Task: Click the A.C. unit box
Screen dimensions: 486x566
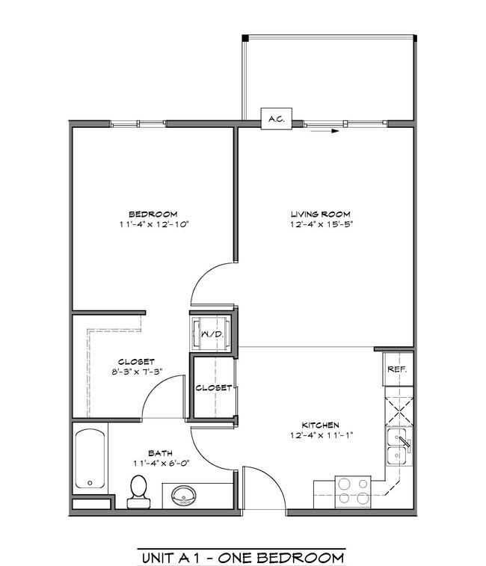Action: [x=276, y=119]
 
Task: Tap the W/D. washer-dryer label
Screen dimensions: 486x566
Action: [x=212, y=334]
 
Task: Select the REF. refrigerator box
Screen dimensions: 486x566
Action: [x=398, y=369]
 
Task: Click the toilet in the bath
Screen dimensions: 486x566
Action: [x=138, y=492]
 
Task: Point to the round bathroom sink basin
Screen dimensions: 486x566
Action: [x=184, y=496]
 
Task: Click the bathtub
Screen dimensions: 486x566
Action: [x=90, y=458]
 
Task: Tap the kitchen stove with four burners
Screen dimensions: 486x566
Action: [x=353, y=492]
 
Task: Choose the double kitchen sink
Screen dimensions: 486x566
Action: [x=399, y=446]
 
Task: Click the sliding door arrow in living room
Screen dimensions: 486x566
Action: [x=324, y=131]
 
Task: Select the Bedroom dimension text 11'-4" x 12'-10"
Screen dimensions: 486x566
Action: [x=155, y=224]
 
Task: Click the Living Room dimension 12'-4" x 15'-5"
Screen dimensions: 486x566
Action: [x=322, y=224]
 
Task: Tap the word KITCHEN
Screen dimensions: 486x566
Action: [x=320, y=425]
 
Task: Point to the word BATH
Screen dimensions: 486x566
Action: [x=160, y=453]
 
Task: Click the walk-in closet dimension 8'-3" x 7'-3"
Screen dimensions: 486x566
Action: [x=137, y=372]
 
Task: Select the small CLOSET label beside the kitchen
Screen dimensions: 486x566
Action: [x=214, y=388]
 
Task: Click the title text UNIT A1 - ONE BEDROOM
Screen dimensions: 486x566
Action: [x=243, y=558]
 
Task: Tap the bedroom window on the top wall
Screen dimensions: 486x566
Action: [x=138, y=124]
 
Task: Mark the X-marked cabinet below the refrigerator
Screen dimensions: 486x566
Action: [x=399, y=410]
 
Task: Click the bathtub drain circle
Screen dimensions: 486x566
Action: [x=90, y=482]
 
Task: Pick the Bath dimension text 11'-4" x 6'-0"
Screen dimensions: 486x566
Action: [x=162, y=463]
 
